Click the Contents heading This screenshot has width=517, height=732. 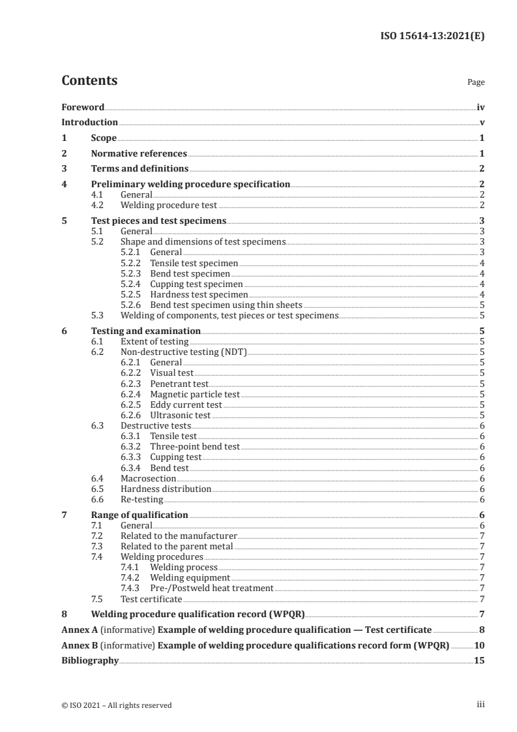(89, 81)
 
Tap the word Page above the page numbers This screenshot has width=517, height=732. (476, 83)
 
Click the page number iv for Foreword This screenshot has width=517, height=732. (480, 106)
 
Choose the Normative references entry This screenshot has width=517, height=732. (139, 154)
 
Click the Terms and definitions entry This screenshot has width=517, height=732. (134, 169)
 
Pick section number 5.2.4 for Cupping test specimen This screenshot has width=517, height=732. (133, 284)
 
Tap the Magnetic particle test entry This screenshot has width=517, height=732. (195, 394)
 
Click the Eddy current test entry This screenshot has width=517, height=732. (186, 404)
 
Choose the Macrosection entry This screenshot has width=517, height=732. (148, 478)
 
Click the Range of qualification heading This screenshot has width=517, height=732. (140, 515)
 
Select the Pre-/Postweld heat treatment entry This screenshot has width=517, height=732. (212, 588)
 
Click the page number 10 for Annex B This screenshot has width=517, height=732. (479, 645)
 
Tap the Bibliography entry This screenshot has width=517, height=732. (90, 660)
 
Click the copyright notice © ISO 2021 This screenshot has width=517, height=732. (117, 705)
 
